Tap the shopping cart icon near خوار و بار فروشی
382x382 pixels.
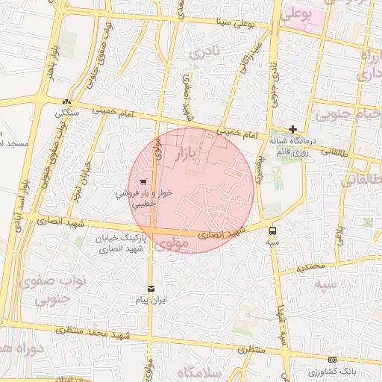tap(143, 181)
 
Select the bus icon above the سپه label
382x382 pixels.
tap(272, 231)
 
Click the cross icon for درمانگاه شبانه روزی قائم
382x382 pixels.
tap(292, 129)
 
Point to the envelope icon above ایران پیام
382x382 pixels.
tap(151, 288)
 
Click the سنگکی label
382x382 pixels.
tap(69, 113)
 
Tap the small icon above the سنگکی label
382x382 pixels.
tap(68, 102)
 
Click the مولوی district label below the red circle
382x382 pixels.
tap(174, 243)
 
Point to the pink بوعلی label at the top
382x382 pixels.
tap(295, 13)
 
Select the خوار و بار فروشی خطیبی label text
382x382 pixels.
tap(144, 197)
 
